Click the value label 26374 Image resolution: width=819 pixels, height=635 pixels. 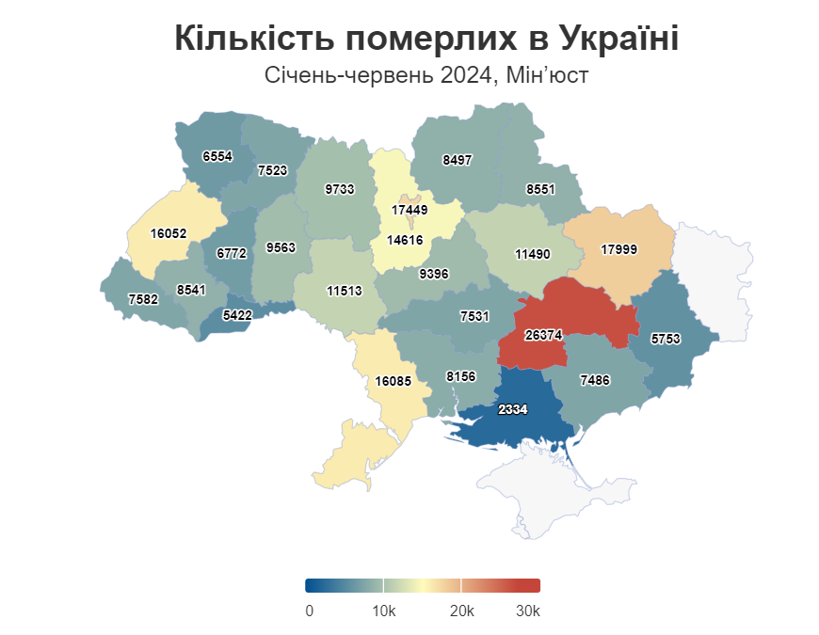click(543, 335)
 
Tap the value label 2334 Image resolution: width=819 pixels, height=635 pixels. click(513, 409)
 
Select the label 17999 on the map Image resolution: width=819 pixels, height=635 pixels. click(618, 249)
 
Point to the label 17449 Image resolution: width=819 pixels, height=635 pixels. click(409, 210)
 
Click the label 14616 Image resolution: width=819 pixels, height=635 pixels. click(406, 240)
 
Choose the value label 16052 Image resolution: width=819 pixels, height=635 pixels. click(169, 231)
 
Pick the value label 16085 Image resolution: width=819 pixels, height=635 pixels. click(393, 381)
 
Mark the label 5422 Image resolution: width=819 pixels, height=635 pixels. click(237, 316)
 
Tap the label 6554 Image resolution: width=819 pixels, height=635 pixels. click(217, 156)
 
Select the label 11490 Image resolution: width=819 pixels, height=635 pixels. click(532, 254)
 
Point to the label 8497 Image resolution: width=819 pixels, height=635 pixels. click(457, 160)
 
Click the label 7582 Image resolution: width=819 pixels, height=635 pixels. click(143, 299)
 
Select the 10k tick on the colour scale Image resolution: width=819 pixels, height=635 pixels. click(383, 611)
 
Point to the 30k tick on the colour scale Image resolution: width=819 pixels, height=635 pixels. click(528, 611)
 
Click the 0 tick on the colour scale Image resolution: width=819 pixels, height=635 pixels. click(310, 611)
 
